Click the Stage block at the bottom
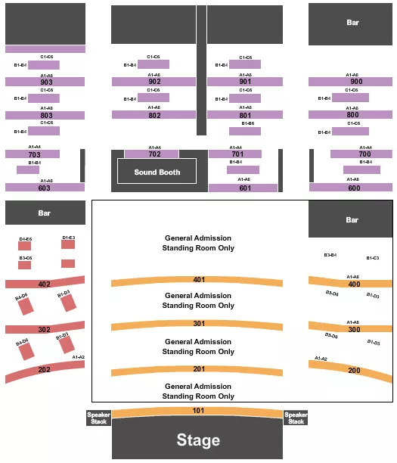tap(198, 440)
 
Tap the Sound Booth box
tap(157, 172)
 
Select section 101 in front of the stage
tap(198, 412)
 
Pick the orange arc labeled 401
tap(198, 281)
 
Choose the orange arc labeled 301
tap(198, 325)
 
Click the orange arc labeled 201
tap(198, 370)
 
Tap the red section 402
tap(44, 284)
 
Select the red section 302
tap(44, 329)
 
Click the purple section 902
tap(154, 82)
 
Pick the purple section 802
tap(154, 115)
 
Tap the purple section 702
tap(154, 154)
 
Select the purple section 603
tap(45, 187)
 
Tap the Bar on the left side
tap(45, 213)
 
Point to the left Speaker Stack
tap(98, 418)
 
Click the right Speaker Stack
tap(296, 418)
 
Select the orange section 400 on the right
tap(353, 284)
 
